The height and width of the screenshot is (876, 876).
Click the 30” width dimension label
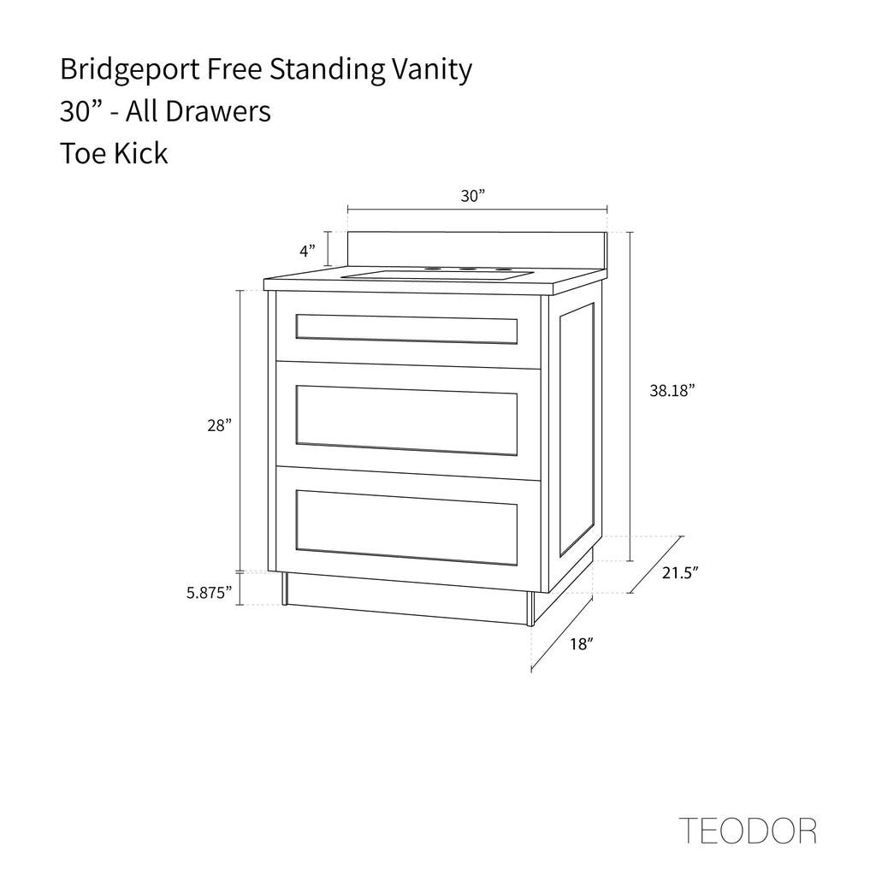[472, 196]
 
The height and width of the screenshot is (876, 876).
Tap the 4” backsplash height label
[307, 252]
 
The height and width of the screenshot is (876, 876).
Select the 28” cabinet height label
[219, 426]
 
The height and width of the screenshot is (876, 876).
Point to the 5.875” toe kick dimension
[209, 592]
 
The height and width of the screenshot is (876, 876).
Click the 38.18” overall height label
[672, 390]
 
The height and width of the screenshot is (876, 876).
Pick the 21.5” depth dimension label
[680, 572]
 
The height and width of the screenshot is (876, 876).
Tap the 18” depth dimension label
[581, 644]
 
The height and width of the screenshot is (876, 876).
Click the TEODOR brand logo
[748, 831]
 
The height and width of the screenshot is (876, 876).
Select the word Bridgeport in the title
[130, 70]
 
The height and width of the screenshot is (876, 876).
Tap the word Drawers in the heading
[218, 111]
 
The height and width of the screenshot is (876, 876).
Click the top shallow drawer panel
[406, 329]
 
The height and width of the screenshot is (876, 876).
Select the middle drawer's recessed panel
[406, 420]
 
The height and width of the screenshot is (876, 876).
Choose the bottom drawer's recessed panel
[406, 528]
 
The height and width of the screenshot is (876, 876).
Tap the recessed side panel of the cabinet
[577, 429]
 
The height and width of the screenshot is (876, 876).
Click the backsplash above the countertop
[477, 250]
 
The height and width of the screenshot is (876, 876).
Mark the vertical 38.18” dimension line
[631, 397]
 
